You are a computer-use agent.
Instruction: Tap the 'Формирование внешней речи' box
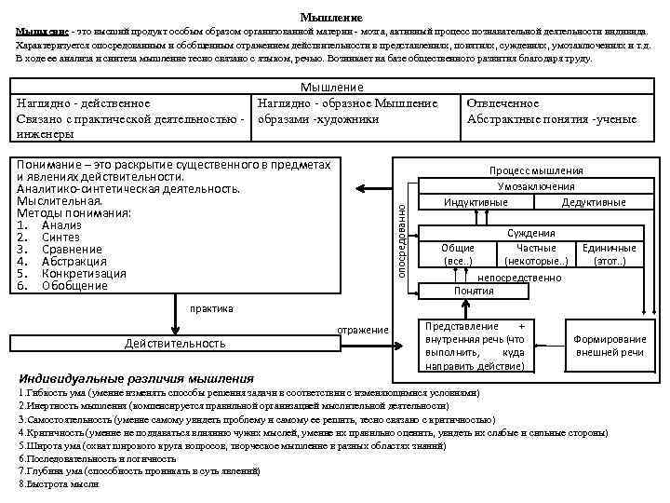point(610,346)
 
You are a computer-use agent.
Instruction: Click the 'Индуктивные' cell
point(476,202)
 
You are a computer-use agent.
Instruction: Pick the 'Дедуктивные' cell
point(593,202)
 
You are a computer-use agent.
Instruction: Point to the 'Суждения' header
point(531,233)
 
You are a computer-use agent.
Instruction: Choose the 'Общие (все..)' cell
point(458,254)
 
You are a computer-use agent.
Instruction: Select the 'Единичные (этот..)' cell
point(609,254)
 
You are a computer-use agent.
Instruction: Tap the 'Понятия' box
point(474,291)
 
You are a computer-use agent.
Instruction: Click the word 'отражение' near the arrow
point(363,330)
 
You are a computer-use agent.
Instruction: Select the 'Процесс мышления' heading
point(537,170)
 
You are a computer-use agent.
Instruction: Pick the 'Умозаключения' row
point(537,186)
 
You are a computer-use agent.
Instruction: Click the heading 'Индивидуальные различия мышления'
point(136,379)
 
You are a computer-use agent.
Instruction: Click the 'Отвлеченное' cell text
point(502,103)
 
